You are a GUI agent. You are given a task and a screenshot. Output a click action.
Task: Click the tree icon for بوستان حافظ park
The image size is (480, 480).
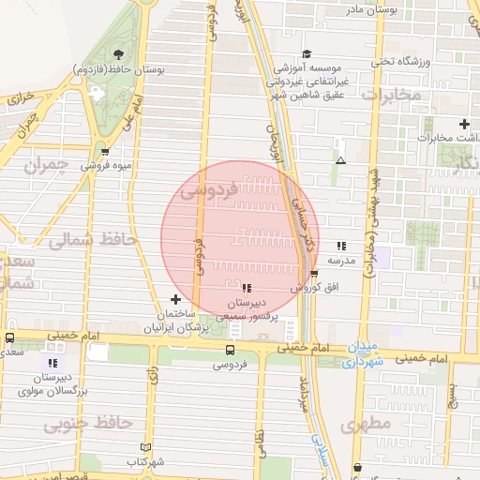[x=118, y=53]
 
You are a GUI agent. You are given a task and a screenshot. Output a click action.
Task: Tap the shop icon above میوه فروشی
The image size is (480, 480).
[x=104, y=150]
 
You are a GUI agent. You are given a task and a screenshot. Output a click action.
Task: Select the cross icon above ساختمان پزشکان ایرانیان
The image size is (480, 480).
[x=175, y=298]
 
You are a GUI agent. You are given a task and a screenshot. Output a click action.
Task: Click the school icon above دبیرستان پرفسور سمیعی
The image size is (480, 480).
[x=247, y=288]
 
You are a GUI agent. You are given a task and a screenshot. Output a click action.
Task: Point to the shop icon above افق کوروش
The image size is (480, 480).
[x=314, y=273]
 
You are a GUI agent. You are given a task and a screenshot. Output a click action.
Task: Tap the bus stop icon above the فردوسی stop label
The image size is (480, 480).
[x=231, y=349]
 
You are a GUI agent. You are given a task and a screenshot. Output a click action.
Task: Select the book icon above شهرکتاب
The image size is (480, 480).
[x=143, y=447]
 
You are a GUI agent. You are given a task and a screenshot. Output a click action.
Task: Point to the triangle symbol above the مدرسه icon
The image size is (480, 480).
[x=339, y=161]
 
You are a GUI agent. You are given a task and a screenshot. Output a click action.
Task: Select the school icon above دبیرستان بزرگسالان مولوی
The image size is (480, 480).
[x=52, y=362]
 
